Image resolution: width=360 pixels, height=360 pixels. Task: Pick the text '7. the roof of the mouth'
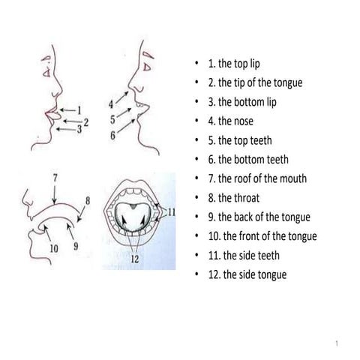257,178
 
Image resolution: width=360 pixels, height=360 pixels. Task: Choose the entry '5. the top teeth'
245,140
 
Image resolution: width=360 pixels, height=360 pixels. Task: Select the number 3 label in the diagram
79,130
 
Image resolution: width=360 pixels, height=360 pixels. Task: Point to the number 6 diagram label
112,136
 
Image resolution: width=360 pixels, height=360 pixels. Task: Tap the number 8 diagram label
88,200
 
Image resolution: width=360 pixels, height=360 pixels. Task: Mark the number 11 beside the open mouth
171,212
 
